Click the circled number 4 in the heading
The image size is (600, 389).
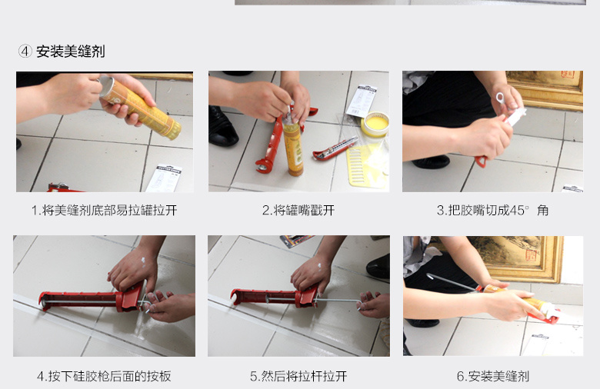click(x=25, y=51)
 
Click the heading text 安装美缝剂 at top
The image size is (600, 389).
click(x=71, y=52)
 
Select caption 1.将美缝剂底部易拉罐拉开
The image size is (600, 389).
click(x=105, y=211)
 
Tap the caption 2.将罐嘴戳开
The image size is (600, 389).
click(x=298, y=210)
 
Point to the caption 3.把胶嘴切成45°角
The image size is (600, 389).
click(x=493, y=210)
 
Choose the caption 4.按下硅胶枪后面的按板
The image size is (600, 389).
click(x=104, y=376)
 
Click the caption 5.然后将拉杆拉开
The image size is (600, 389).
click(x=298, y=376)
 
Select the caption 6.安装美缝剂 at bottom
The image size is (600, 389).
click(x=493, y=376)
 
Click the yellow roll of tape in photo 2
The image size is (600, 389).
click(x=375, y=125)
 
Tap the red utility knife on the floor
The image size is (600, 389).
click(x=335, y=149)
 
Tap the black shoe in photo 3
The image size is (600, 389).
click(x=431, y=161)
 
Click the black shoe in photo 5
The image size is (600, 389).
click(x=378, y=267)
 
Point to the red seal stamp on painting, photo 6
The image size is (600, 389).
click(x=531, y=254)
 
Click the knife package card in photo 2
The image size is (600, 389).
click(x=362, y=101)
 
